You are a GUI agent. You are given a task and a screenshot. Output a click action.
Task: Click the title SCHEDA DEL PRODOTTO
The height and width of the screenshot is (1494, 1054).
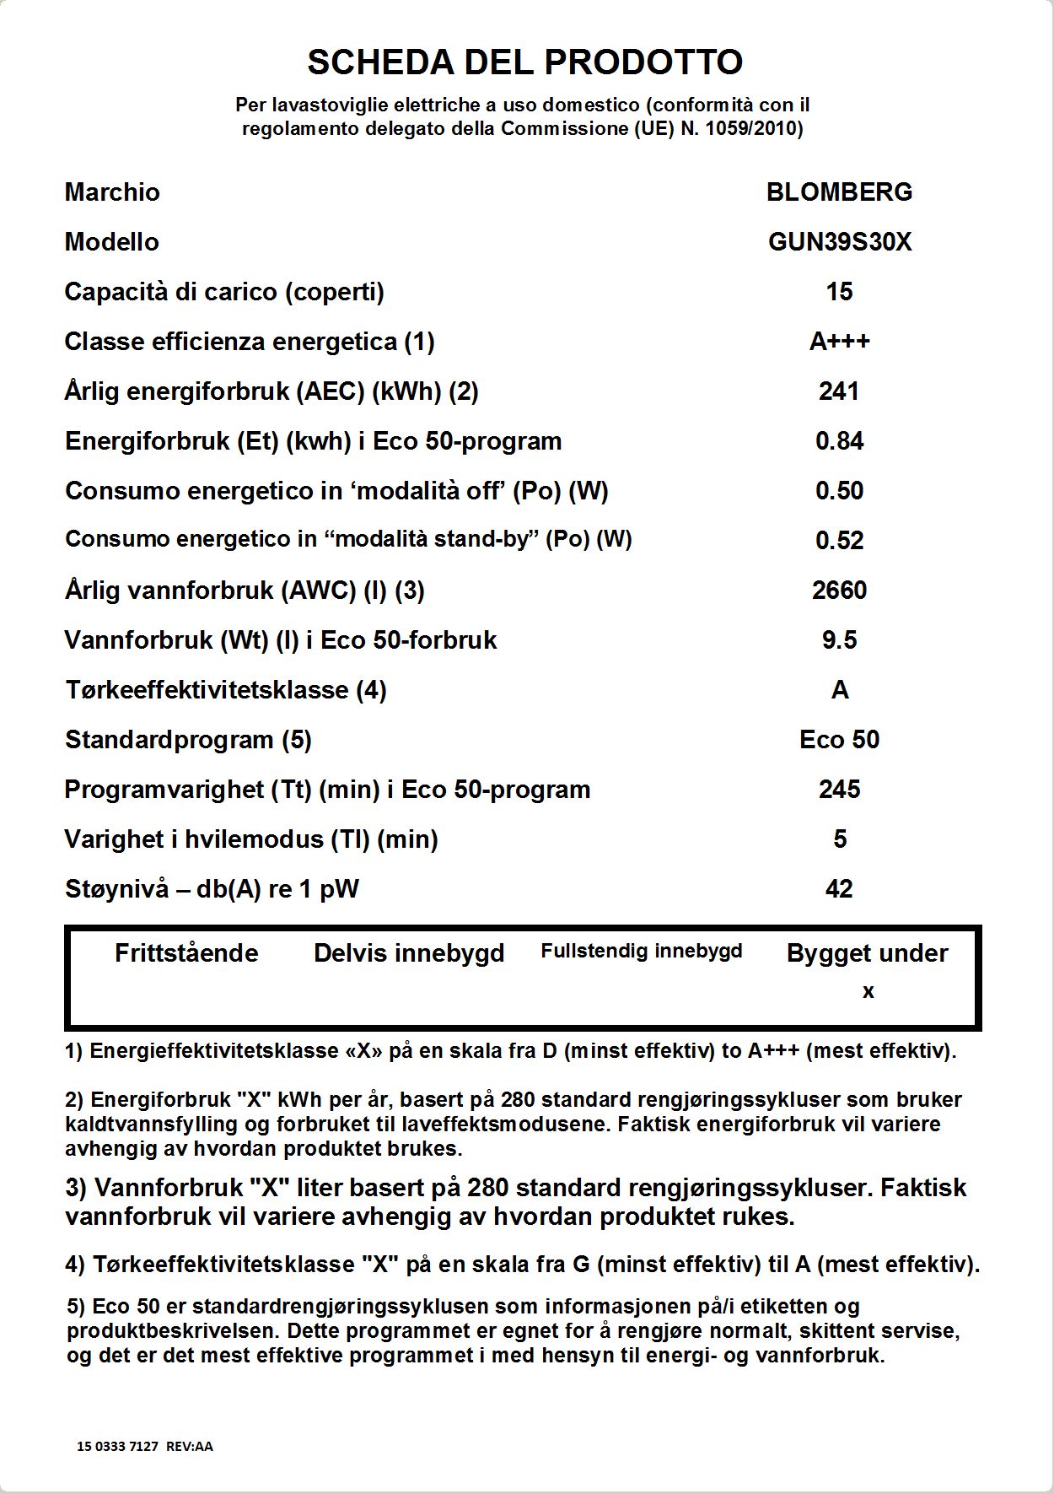tap(524, 62)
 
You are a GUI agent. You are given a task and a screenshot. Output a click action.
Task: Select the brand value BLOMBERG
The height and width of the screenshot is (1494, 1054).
tap(839, 192)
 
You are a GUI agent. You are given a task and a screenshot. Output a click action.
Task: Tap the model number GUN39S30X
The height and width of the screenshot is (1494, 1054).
tap(839, 242)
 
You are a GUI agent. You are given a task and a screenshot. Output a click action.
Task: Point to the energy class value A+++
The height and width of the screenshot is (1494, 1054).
tap(839, 342)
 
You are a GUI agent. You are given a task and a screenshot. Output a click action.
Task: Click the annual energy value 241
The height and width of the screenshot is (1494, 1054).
tap(839, 391)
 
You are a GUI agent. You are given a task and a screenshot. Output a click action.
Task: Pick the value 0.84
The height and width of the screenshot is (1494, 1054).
tap(839, 441)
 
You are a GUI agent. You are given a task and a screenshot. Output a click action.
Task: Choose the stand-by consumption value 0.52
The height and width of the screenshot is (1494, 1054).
tap(839, 541)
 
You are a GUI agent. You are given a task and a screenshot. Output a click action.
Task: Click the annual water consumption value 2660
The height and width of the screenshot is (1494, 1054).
tap(839, 591)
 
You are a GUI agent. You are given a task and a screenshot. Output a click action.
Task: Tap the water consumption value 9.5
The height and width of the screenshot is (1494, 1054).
tap(839, 640)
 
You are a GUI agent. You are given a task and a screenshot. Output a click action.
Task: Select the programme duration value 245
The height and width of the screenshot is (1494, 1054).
tap(839, 790)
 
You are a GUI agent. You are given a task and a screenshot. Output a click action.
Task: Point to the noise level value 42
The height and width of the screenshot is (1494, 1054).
tap(839, 889)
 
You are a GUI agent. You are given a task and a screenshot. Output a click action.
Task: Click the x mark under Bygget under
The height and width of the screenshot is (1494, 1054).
tap(868, 992)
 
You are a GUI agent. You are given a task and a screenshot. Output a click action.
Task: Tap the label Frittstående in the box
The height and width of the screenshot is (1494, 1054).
tap(186, 953)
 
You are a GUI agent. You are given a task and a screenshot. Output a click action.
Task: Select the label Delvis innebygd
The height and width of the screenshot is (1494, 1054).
tap(409, 953)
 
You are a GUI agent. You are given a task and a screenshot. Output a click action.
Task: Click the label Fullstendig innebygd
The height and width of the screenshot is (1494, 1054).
tap(642, 952)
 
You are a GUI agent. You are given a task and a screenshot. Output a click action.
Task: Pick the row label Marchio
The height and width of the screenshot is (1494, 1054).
tap(112, 192)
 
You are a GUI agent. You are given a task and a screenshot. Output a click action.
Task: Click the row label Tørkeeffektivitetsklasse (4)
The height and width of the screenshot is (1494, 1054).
tap(226, 690)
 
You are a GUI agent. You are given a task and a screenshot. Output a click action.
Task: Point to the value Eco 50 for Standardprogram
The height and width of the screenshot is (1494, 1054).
tap(839, 740)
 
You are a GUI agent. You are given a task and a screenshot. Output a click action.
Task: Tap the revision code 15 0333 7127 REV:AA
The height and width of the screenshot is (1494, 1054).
tap(145, 1446)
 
